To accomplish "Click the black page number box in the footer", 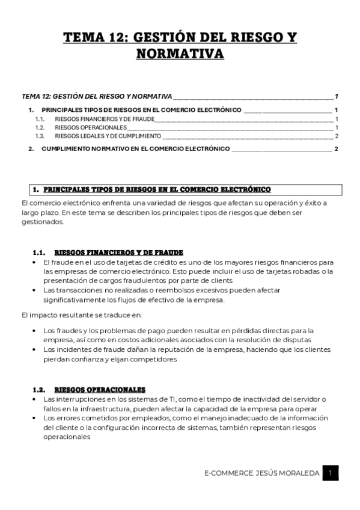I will [330, 473].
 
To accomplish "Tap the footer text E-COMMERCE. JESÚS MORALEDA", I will [261, 474].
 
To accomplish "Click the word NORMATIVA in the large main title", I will [180, 54].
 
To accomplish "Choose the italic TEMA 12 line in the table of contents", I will [96, 97].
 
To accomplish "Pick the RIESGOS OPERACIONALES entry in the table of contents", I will [90, 127].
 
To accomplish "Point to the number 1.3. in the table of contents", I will [40, 136].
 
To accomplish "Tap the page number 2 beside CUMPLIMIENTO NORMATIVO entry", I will [337, 149].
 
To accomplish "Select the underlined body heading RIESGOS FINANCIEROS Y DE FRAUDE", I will [118, 253].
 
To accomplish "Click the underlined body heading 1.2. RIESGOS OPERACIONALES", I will [99, 390].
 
